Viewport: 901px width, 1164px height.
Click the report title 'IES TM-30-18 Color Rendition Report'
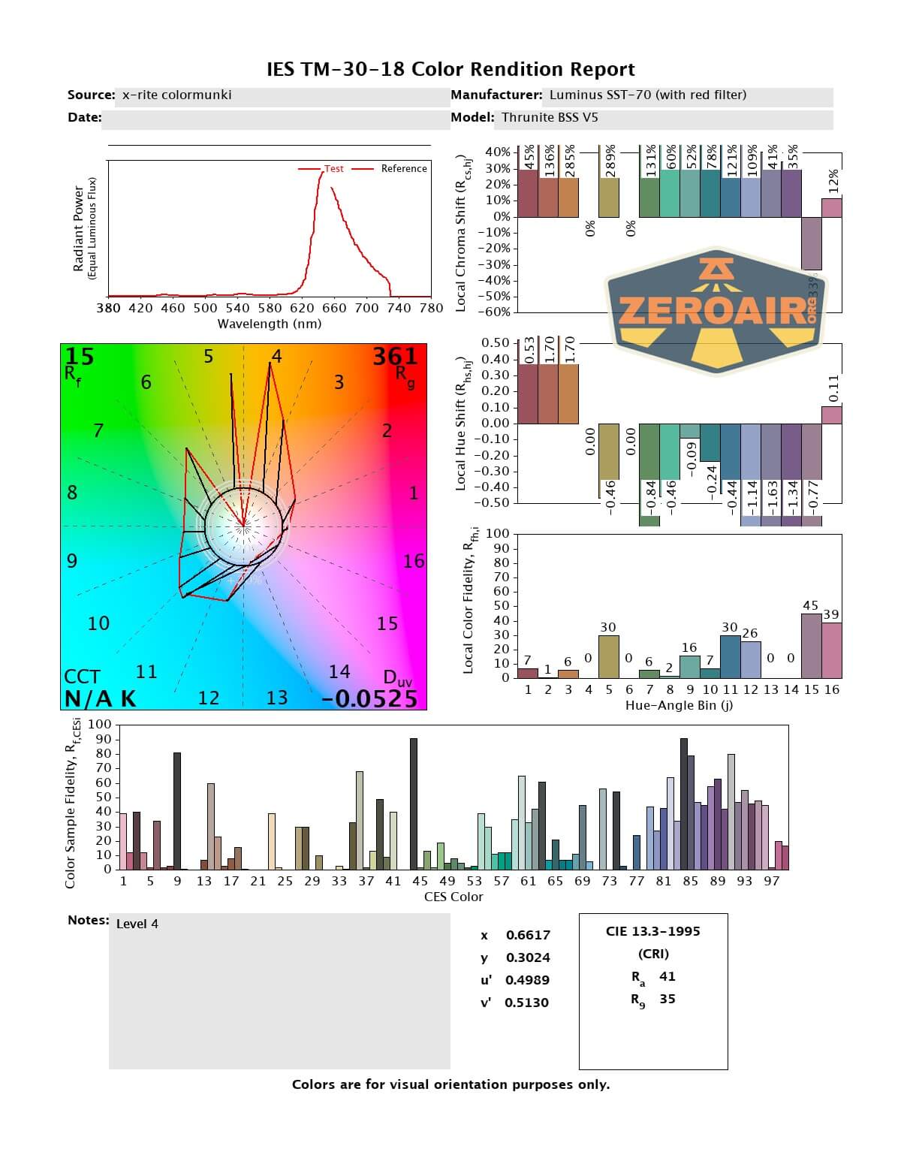coord(450,70)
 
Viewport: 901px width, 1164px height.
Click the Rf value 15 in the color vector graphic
coord(80,356)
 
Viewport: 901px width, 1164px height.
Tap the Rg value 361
coord(395,356)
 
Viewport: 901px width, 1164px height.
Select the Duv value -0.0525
coord(369,698)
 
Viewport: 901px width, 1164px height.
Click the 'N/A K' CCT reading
coord(100,698)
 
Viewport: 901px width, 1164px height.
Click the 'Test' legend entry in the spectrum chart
coord(333,169)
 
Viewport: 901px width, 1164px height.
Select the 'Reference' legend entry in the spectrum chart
coord(403,169)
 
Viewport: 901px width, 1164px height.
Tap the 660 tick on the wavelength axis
coord(334,307)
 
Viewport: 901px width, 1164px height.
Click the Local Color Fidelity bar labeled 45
coord(811,646)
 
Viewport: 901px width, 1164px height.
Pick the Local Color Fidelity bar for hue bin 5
coord(608,657)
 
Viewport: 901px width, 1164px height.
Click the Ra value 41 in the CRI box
coord(667,976)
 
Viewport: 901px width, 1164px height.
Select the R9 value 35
coord(667,999)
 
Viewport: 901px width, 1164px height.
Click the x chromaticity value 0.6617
coord(528,935)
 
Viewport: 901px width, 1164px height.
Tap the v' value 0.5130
coord(526,1003)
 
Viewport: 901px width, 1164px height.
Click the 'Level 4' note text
coord(137,924)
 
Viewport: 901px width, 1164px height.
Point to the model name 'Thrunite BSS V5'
coord(550,117)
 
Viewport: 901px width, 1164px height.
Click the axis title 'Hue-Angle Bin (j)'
coord(679,706)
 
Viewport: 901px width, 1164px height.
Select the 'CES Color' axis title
coord(454,897)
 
